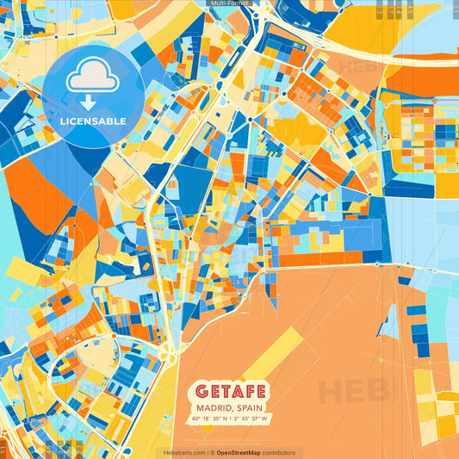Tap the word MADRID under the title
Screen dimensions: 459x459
tap(214, 407)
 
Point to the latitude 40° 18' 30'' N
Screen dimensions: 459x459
tap(209, 419)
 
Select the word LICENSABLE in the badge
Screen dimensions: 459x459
tap(92, 121)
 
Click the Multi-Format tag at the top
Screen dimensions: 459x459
tap(229, 3)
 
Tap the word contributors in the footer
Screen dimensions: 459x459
tap(279, 452)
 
